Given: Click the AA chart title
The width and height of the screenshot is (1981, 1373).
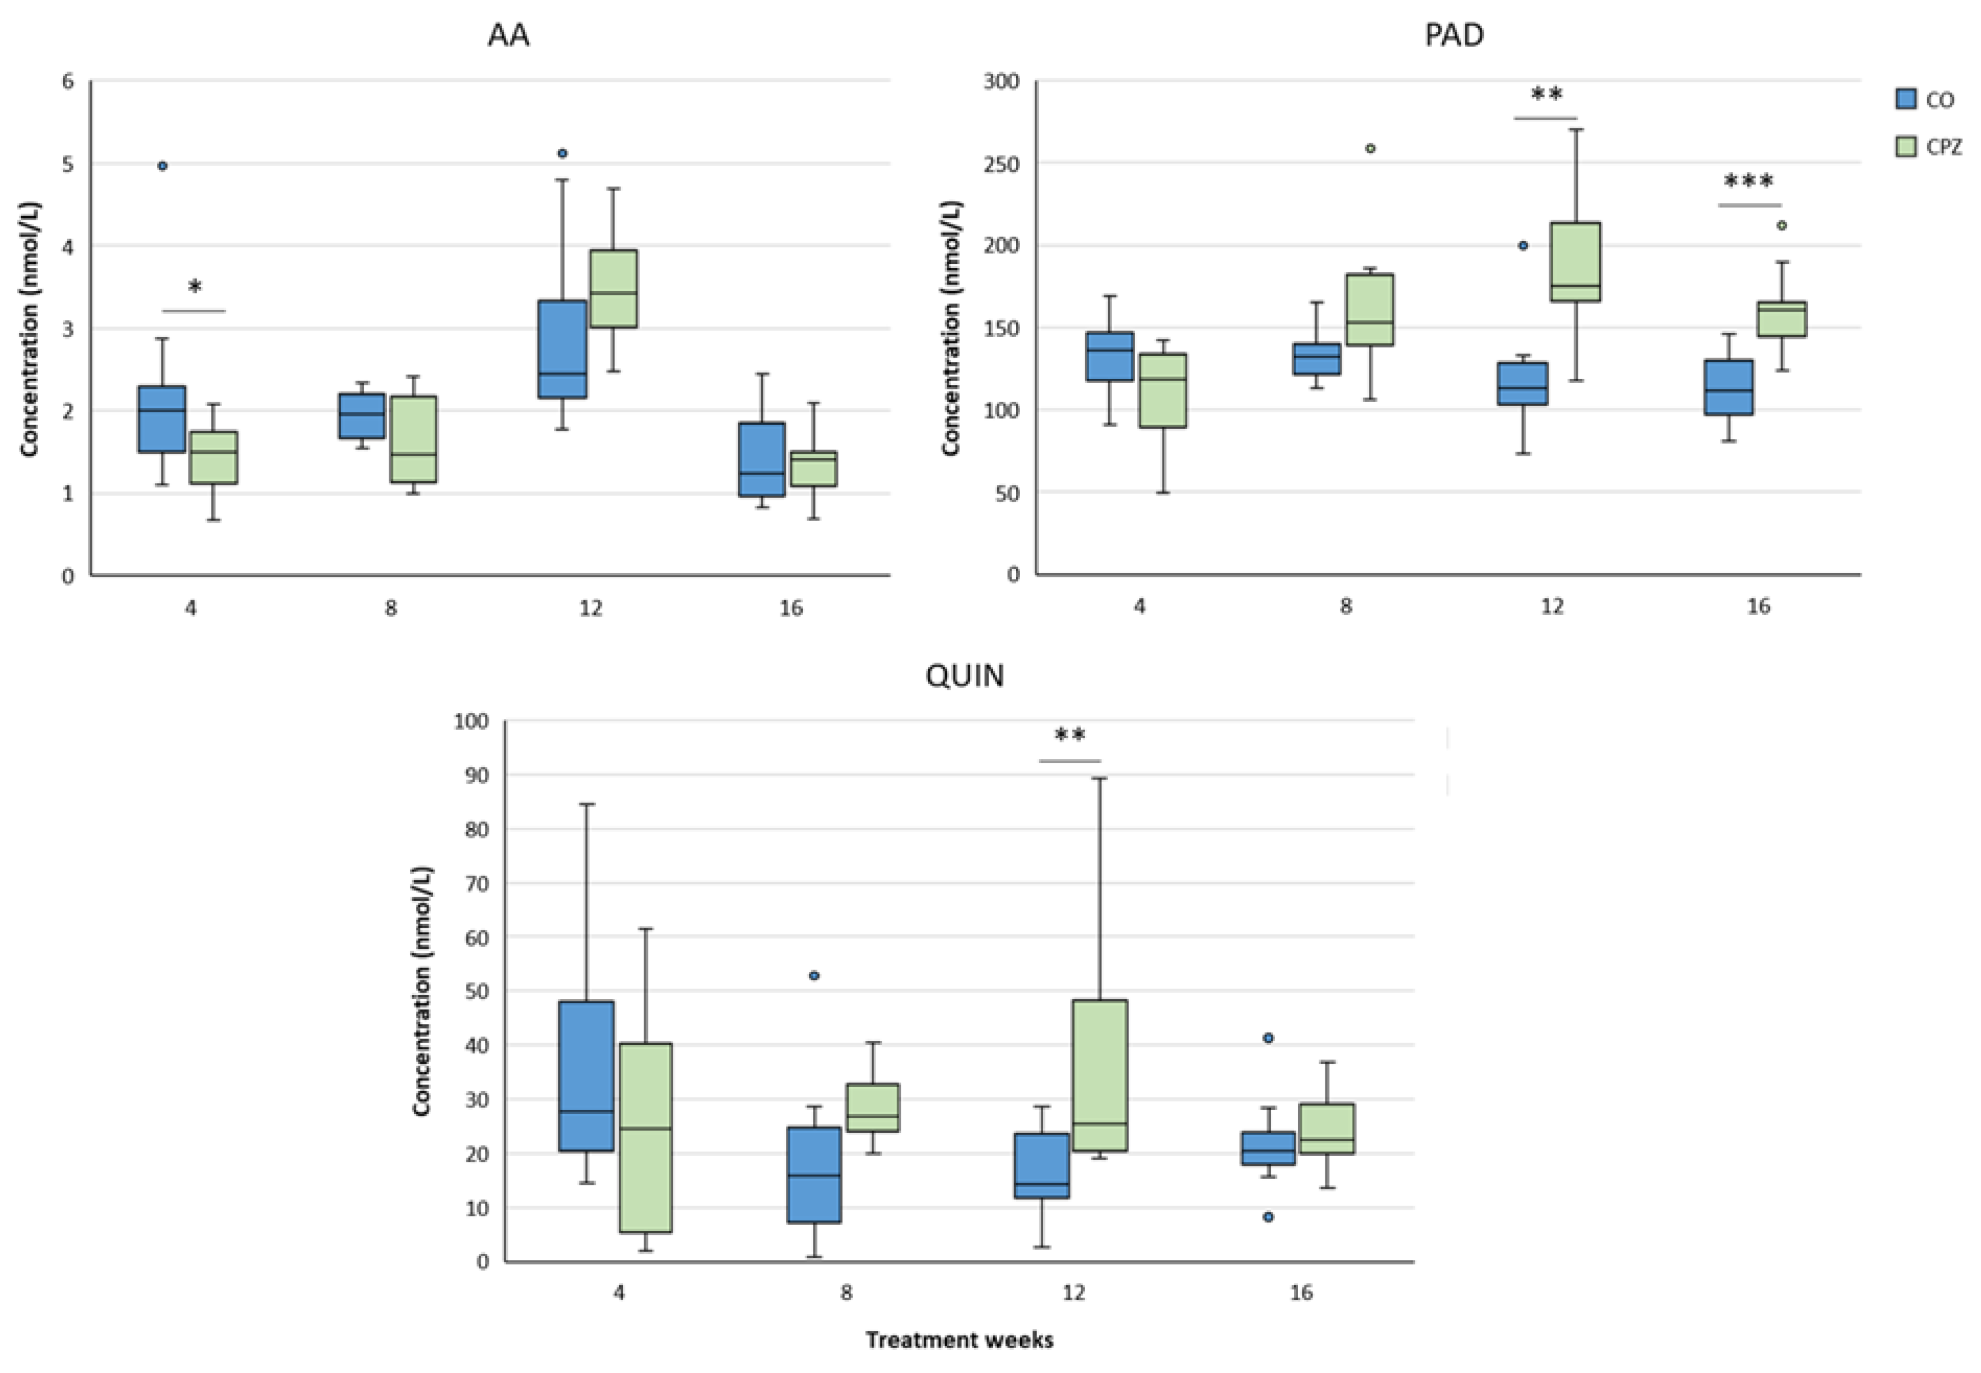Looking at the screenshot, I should pyautogui.click(x=508, y=35).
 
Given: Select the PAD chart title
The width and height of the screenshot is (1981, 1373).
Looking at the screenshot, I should pyautogui.click(x=1454, y=35).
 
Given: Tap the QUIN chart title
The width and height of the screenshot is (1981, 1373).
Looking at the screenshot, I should pyautogui.click(x=964, y=675).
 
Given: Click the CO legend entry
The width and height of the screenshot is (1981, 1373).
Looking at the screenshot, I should pyautogui.click(x=1926, y=100).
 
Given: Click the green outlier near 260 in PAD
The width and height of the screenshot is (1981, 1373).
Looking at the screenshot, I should pyautogui.click(x=1371, y=149).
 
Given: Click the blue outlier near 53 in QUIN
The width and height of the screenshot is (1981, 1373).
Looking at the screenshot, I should pyautogui.click(x=814, y=975).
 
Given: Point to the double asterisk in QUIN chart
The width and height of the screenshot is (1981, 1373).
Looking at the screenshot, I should pyautogui.click(x=1070, y=736).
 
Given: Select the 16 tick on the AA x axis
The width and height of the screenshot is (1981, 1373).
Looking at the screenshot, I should pyautogui.click(x=790, y=608).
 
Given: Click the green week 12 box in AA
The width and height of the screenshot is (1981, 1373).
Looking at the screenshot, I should pyautogui.click(x=613, y=288).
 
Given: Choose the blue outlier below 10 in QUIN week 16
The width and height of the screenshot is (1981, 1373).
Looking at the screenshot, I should pyautogui.click(x=1268, y=1216).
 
